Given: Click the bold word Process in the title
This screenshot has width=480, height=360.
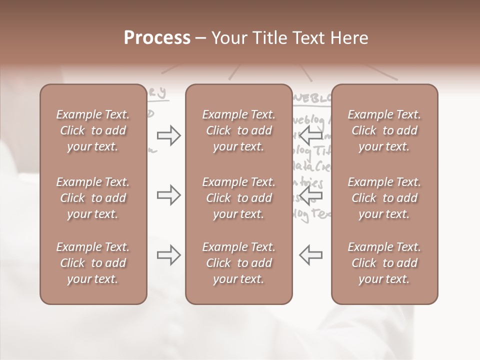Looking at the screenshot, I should tap(157, 38).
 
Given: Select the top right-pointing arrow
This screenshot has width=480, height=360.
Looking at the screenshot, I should tap(169, 135).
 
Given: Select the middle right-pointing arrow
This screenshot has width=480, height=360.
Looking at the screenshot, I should tap(169, 195).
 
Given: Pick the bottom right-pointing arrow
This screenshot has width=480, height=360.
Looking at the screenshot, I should tap(169, 255).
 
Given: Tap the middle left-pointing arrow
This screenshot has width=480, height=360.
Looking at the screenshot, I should tap(311, 195).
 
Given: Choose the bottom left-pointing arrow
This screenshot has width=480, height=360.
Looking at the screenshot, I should tap(311, 255).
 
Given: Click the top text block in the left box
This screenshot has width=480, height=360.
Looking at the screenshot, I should tap(93, 130).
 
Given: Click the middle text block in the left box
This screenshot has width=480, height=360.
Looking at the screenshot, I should tap(93, 198).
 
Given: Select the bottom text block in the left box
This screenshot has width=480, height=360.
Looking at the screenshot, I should tap(93, 263).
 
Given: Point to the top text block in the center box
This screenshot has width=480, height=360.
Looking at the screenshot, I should tap(239, 130).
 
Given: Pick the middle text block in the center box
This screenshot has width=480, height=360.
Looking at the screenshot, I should tap(239, 198).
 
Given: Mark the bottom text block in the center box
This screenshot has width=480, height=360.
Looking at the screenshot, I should tap(239, 263).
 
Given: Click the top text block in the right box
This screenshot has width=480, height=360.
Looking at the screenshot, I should tap(384, 130).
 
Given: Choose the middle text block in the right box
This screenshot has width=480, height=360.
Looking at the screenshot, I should tap(384, 198).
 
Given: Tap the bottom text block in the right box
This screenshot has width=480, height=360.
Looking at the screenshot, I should tap(384, 263).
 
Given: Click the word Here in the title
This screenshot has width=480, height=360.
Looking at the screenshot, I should tap(350, 38).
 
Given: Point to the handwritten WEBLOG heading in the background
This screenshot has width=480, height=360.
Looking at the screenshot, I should tap(313, 98).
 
